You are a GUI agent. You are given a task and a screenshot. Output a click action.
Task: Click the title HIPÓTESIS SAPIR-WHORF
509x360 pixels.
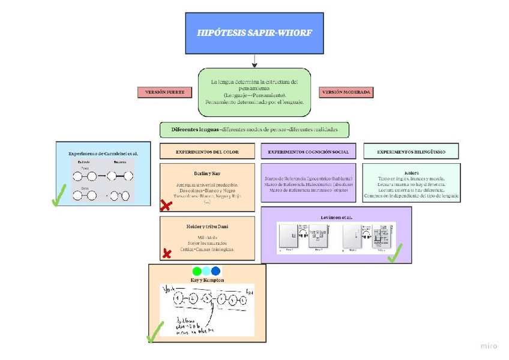[254, 32]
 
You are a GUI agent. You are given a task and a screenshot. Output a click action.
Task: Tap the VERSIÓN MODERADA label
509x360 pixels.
[346, 92]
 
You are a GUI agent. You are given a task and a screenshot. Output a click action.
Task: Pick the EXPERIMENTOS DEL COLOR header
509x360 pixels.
[207, 152]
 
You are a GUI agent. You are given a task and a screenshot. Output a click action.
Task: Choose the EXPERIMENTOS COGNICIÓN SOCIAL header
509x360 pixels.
[309, 152]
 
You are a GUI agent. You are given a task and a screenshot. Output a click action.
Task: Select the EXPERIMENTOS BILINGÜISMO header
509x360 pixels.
[411, 152]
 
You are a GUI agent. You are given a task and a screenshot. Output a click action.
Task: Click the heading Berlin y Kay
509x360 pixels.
[207, 173]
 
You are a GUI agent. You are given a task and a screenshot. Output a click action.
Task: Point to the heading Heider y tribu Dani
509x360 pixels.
[207, 226]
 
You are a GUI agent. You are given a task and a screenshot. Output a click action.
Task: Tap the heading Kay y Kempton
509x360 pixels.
[207, 280]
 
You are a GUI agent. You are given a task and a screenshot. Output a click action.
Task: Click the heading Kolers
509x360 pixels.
[411, 173]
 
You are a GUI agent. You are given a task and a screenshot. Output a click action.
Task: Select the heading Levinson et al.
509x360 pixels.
[336, 216]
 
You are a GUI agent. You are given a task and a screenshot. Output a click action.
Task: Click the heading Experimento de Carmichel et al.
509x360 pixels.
[103, 154]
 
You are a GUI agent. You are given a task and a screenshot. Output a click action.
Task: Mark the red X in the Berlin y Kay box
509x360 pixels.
[166, 206]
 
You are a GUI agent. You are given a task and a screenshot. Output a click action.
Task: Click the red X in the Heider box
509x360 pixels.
[167, 254]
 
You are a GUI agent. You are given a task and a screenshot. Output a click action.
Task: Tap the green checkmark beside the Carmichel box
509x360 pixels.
[59, 196]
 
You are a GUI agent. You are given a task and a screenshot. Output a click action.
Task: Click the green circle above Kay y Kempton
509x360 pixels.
[196, 271]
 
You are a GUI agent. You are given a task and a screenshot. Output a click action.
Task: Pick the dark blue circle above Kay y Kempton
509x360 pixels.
[215, 271]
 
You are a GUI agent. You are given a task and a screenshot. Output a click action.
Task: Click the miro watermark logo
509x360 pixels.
[489, 346]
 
